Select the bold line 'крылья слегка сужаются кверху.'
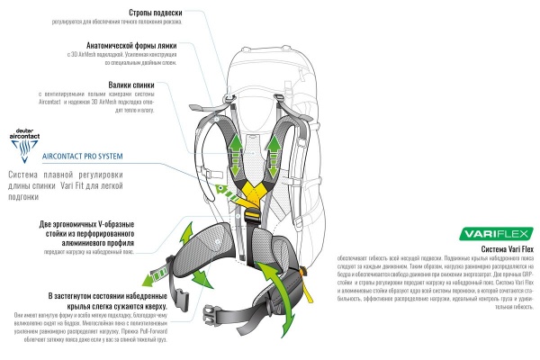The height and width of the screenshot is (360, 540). [x=113, y=305]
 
